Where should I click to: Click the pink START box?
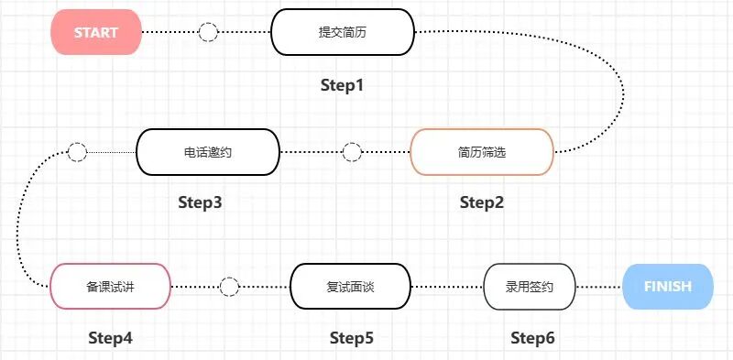tap(95, 32)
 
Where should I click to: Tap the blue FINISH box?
tap(667, 286)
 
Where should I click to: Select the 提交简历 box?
tap(343, 32)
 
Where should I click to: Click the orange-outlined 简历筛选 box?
tap(481, 151)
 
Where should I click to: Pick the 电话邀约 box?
tap(207, 151)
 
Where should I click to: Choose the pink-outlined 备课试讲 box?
tap(110, 286)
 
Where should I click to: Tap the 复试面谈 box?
tap(350, 286)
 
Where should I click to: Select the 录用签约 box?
tap(529, 286)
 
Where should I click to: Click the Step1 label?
tap(343, 85)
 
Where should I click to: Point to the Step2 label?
tap(482, 202)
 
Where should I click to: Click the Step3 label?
tap(200, 202)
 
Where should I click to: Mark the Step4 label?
tap(111, 337)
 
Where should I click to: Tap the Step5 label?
tap(352, 337)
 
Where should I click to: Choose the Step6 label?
tap(532, 337)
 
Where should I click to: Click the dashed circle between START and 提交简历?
tap(208, 33)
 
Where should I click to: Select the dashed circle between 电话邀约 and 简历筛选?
tap(352, 152)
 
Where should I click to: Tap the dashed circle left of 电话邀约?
tap(77, 152)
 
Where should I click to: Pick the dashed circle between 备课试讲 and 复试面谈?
tap(230, 287)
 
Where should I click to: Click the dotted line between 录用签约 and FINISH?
tap(598, 287)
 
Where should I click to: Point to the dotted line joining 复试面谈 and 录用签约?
tap(446, 287)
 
